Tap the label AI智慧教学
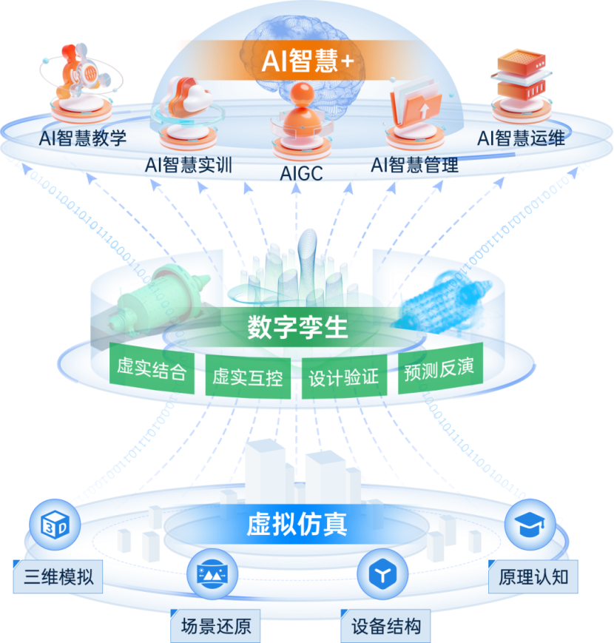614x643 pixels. (x=84, y=138)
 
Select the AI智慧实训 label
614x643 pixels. (x=189, y=164)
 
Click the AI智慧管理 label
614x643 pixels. (x=414, y=164)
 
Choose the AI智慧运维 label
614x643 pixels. (x=521, y=138)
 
